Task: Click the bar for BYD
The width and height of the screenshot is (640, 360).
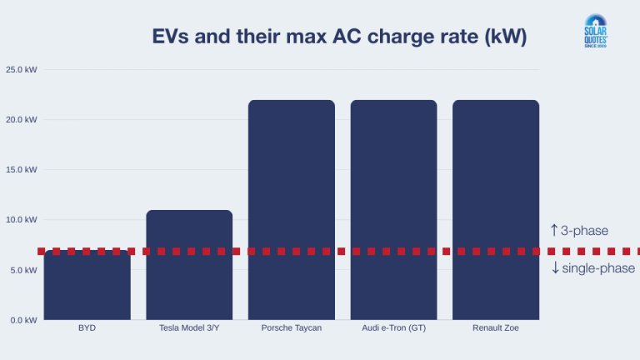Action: (87, 287)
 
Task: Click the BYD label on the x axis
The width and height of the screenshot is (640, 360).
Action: (87, 328)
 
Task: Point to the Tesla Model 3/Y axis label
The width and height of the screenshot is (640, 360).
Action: (189, 328)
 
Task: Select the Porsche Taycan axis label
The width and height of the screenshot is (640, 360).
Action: (292, 328)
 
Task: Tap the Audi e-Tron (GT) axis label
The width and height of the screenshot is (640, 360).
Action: (393, 328)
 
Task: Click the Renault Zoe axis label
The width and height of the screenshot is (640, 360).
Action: (496, 328)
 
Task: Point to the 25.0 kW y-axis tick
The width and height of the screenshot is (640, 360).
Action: (21, 69)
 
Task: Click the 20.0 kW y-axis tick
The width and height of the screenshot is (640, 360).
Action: (21, 119)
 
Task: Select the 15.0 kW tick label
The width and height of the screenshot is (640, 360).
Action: (21, 169)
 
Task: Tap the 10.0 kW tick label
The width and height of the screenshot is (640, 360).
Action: (21, 220)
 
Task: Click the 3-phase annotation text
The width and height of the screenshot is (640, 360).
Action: (584, 231)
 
